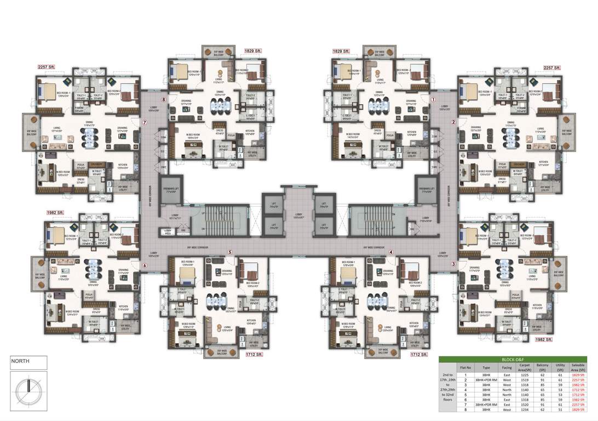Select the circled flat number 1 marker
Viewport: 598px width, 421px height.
click(433, 100)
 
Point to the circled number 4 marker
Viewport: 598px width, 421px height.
click(391, 253)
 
